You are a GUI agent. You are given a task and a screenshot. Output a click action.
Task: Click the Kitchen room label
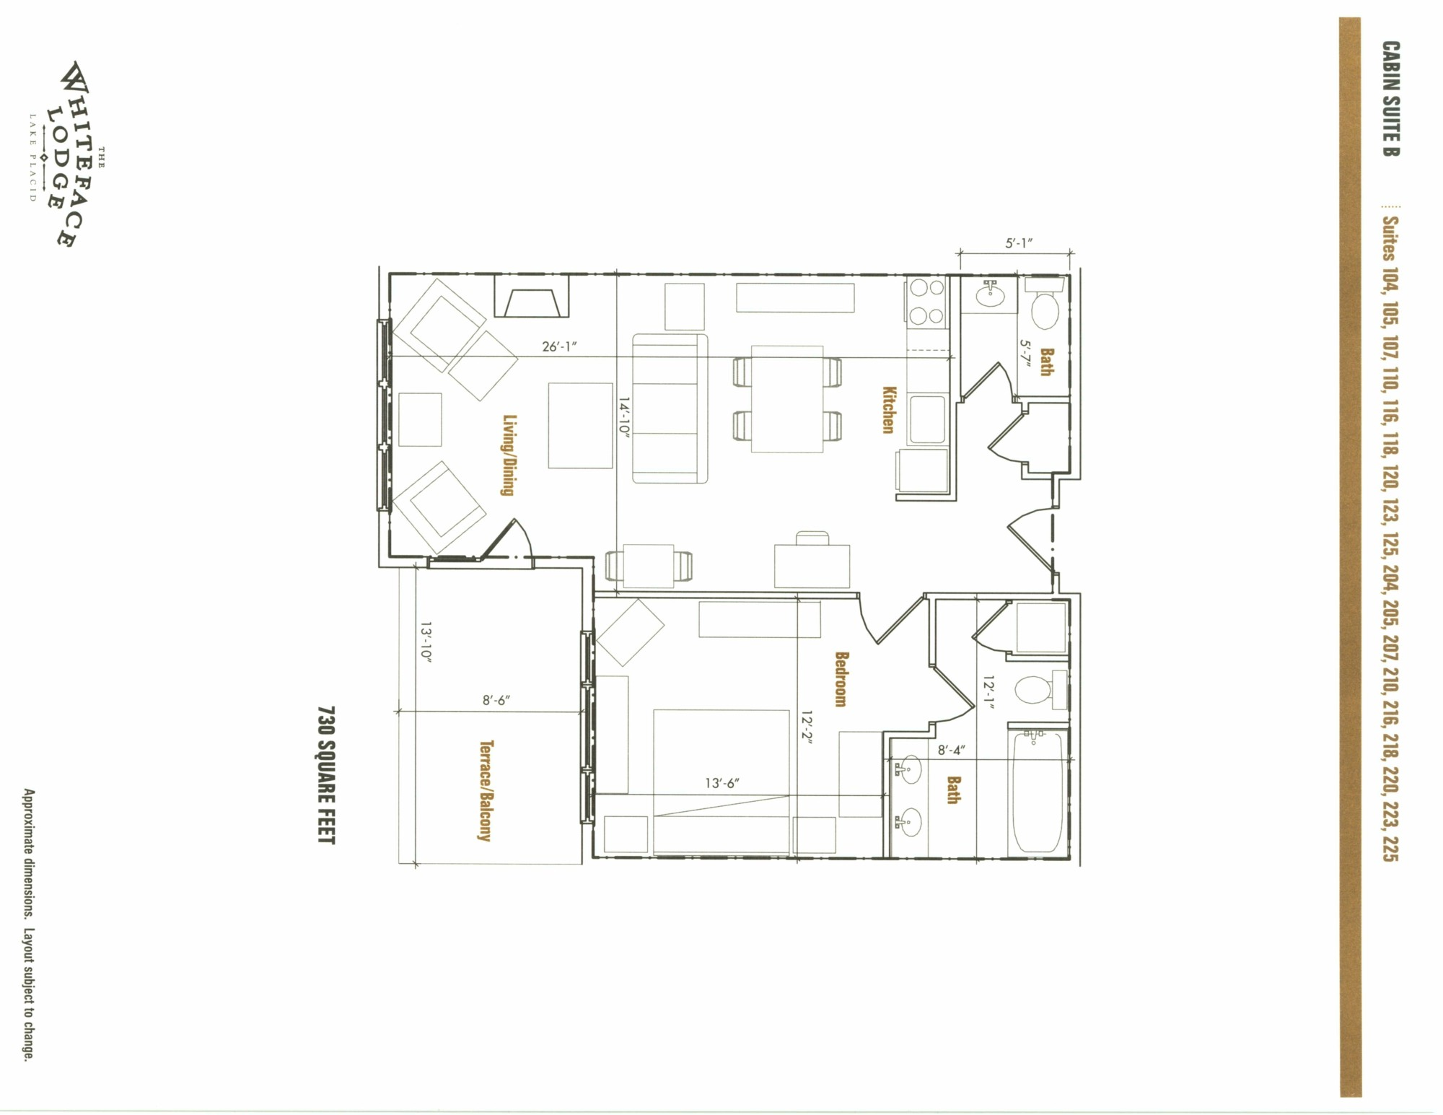889,409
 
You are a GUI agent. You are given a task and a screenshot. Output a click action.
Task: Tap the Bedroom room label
841,679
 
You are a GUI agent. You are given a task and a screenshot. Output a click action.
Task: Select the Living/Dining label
508,455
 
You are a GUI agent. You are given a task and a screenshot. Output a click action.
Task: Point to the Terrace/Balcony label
486,790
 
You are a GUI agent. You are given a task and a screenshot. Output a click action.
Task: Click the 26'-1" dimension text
559,346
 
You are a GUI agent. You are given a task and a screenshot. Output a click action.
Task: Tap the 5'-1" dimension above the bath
1019,243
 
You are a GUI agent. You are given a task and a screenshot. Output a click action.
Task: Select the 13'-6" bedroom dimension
722,783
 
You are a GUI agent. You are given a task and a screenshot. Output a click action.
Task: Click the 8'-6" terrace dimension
496,700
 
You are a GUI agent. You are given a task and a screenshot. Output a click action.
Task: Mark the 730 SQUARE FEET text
327,775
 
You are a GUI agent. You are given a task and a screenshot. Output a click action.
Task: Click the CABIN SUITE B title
1391,98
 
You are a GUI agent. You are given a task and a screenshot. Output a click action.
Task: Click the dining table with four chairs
787,399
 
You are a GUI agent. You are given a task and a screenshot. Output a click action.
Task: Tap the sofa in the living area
670,408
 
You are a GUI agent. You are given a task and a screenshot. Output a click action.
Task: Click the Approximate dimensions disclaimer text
28,924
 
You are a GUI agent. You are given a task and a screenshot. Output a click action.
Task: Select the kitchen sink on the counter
927,419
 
